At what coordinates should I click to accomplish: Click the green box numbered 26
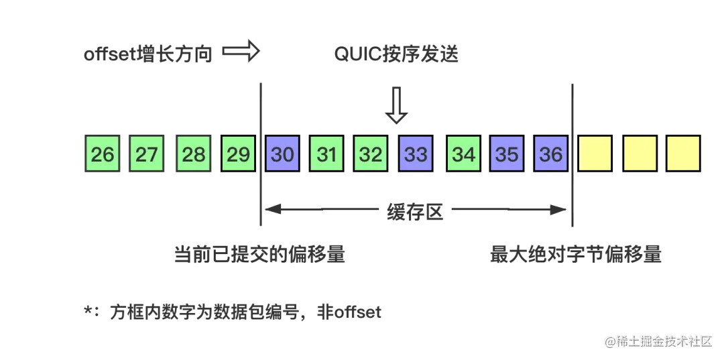[x=103, y=154]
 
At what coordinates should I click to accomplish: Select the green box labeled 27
[x=146, y=154]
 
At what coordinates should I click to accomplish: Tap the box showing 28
[x=194, y=154]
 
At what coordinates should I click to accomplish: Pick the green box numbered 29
[x=238, y=154]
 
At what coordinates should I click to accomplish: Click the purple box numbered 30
[x=282, y=154]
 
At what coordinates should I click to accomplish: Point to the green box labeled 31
[x=326, y=154]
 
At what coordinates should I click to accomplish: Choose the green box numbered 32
[x=371, y=154]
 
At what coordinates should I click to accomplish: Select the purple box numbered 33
[x=416, y=154]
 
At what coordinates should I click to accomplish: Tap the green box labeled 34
[x=463, y=154]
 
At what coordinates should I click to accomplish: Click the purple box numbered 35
[x=507, y=154]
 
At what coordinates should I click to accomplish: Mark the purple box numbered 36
[x=551, y=154]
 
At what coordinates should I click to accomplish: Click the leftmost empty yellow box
[x=595, y=154]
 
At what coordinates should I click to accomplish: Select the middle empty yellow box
[x=640, y=154]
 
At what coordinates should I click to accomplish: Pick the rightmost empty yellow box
[x=683, y=154]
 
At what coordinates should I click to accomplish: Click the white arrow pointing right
[x=240, y=52]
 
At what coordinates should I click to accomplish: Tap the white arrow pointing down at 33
[x=397, y=105]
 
